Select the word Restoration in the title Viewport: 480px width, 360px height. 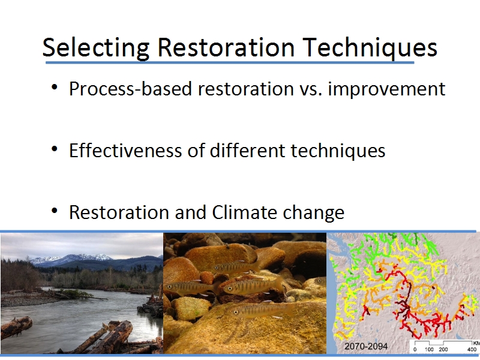tap(226, 47)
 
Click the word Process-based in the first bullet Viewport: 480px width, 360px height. tap(130, 89)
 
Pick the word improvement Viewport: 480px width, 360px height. tap(386, 89)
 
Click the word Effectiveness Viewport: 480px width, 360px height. tap(125, 151)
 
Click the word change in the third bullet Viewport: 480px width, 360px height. tap(313, 213)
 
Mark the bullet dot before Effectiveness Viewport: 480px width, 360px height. tap(55, 149)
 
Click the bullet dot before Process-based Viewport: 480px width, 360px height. tap(55, 87)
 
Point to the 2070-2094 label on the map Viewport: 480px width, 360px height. tap(366, 346)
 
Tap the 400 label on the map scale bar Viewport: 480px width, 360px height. tap(472, 349)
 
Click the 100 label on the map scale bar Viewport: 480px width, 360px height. tap(429, 349)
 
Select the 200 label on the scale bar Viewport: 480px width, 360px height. tap(443, 349)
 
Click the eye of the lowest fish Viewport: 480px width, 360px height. tap(236, 312)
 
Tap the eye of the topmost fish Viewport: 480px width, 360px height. tap(217, 268)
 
